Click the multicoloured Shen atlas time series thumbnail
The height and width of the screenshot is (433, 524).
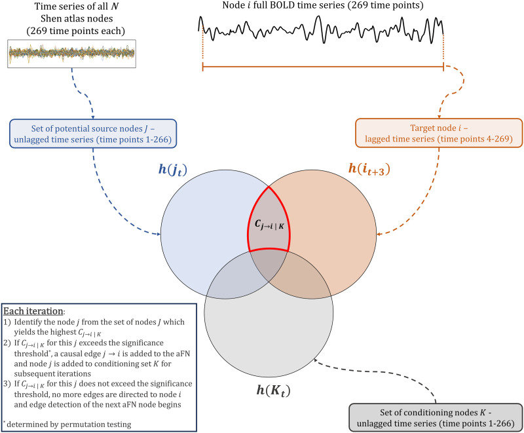coord(72,53)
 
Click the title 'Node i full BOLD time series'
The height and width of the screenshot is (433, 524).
coord(320,7)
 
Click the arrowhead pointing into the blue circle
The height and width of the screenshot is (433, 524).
coord(160,233)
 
